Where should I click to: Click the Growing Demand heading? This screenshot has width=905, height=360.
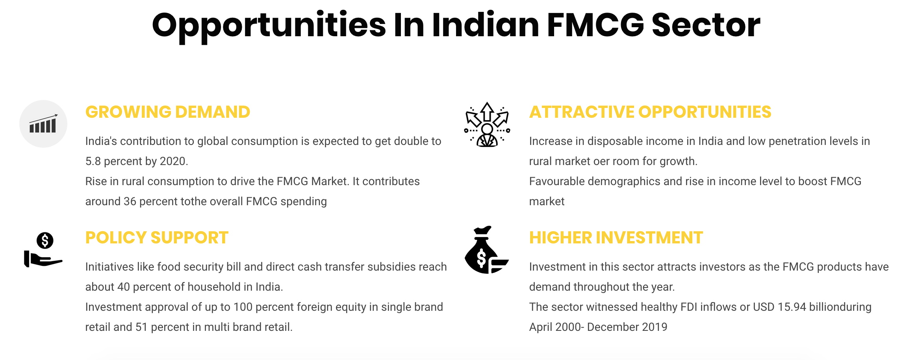pos(168,112)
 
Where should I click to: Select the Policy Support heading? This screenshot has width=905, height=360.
pos(157,238)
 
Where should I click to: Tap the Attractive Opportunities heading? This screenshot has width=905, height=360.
pos(650,112)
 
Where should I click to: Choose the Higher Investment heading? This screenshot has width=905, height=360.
pos(616,238)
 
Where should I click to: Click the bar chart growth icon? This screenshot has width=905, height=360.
pos(43,124)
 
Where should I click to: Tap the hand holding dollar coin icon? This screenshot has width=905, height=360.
pos(43,250)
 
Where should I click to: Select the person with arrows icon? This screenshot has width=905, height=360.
pos(487,124)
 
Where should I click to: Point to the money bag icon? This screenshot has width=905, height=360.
pos(487,250)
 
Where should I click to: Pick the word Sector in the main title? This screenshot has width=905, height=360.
pos(706,25)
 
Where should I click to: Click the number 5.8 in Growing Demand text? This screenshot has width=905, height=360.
pos(93,161)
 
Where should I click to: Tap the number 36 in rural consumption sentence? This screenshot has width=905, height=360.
pos(130,201)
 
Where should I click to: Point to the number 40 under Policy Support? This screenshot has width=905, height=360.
pos(124,287)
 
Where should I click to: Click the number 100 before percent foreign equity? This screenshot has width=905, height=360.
pos(243,307)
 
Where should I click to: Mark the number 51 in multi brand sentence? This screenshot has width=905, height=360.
pos(141,327)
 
